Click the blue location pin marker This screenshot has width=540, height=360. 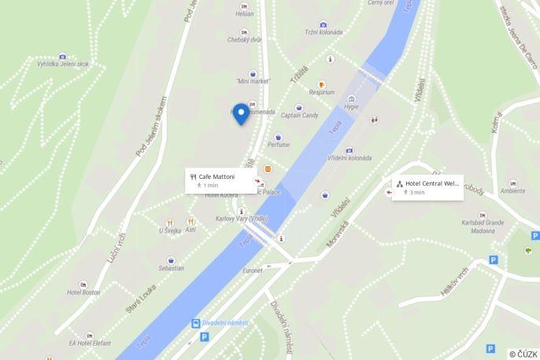tap(240, 113)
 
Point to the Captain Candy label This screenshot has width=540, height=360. tap(299, 115)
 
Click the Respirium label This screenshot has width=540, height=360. tap(321, 92)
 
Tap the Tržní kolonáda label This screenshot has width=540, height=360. tap(324, 32)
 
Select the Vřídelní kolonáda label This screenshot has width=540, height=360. tap(349, 158)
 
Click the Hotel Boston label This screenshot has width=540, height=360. tap(83, 292)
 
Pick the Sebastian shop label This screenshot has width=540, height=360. tap(171, 268)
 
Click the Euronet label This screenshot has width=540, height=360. tap(253, 270)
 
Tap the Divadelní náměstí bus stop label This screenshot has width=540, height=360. tap(225, 323)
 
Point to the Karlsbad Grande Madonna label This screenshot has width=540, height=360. tap(483, 226)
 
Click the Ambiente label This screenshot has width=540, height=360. tap(512, 191)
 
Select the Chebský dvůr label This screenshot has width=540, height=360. tap(244, 39)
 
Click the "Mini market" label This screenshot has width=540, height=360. tap(253, 81)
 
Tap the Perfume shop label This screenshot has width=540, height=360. tap(278, 144)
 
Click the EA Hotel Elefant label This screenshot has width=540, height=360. tap(90, 343)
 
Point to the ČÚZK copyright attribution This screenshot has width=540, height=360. tap(523, 354)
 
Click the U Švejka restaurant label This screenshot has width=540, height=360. tap(170, 230)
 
